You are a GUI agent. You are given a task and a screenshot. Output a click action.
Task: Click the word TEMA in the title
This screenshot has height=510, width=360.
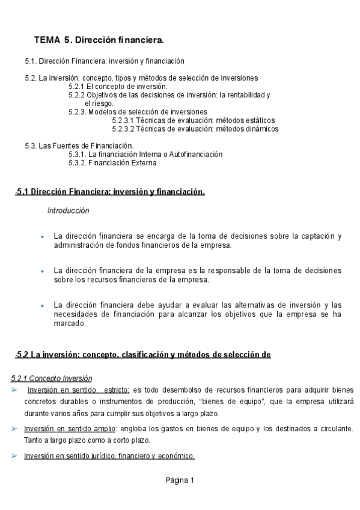47,40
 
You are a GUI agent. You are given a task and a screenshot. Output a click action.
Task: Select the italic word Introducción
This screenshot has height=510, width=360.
68,210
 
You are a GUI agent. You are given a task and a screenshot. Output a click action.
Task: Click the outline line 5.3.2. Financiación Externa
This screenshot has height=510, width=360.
112,162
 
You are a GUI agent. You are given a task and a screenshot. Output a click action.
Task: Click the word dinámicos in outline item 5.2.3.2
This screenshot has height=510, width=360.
260,129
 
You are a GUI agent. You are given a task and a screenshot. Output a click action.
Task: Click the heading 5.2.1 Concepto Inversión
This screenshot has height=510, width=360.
52,378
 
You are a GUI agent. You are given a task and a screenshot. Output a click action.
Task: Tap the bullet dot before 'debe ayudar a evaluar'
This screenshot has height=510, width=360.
41,306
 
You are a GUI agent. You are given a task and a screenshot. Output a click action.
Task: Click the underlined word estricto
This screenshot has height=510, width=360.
116,390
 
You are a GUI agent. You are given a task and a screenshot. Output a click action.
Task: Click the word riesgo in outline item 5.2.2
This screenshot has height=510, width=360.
103,103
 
